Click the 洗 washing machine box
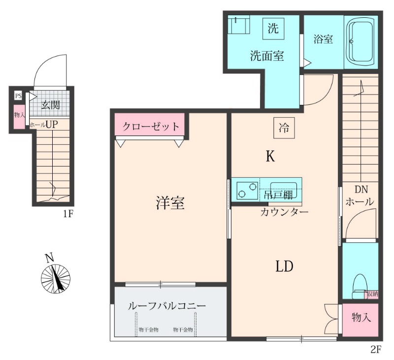click(x=272, y=28)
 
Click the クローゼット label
click(x=151, y=126)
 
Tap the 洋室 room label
click(x=170, y=203)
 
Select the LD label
click(x=284, y=266)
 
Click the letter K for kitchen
click(x=270, y=157)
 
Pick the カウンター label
click(x=284, y=212)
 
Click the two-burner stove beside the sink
click(x=247, y=190)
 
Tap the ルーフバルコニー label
click(x=166, y=306)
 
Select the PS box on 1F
click(x=18, y=96)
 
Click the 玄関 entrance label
click(x=50, y=104)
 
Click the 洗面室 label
click(x=266, y=56)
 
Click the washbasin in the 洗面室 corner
click(x=240, y=24)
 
